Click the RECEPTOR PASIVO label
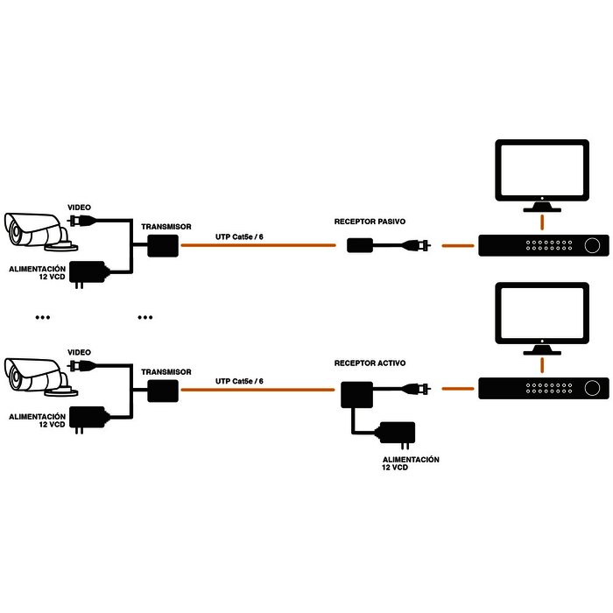pyautogui.click(x=370, y=223)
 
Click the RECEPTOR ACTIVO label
pyautogui.click(x=370, y=362)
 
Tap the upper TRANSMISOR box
pyautogui.click(x=161, y=246)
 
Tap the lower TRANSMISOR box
pyautogui.click(x=161, y=390)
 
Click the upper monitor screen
pyautogui.click(x=540, y=169)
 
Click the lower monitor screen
pyautogui.click(x=540, y=312)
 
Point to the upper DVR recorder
pyautogui.click(x=542, y=246)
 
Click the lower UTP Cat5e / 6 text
pyautogui.click(x=239, y=381)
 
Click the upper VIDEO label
pyautogui.click(x=79, y=207)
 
